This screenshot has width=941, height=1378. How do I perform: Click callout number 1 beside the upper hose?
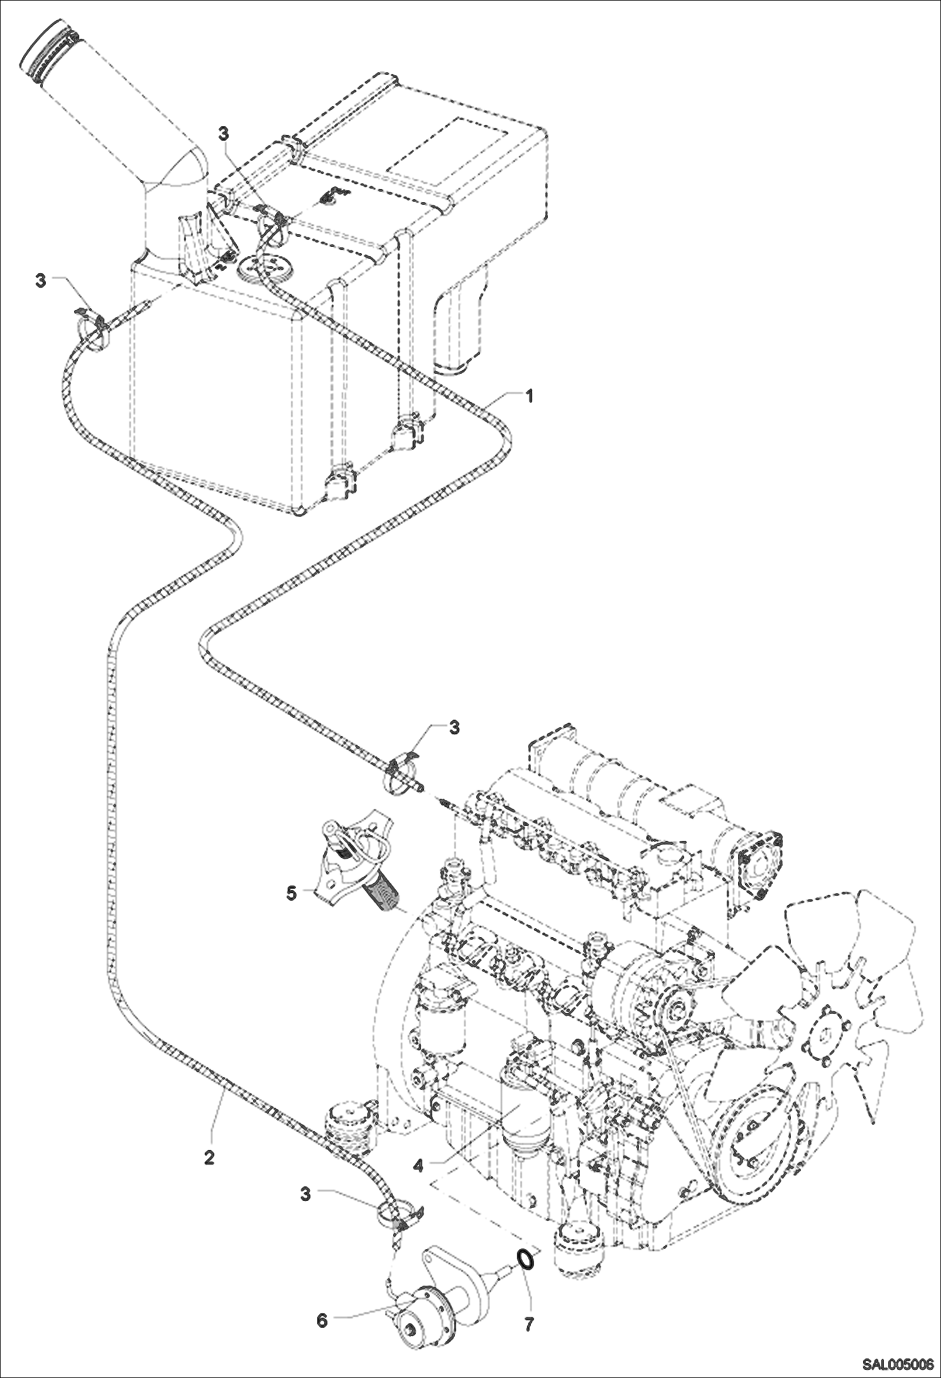529,396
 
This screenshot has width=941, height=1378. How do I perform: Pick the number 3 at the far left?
41,281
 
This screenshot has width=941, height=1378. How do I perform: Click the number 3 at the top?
224,133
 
